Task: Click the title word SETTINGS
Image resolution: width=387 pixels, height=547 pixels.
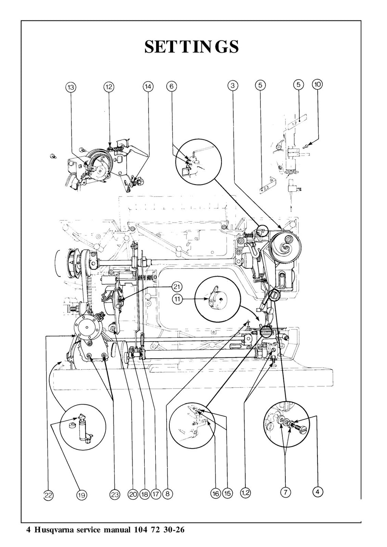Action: pyautogui.click(x=192, y=47)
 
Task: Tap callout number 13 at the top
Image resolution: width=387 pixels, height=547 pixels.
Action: pyautogui.click(x=71, y=87)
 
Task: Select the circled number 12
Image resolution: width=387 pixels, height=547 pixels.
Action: pyautogui.click(x=109, y=87)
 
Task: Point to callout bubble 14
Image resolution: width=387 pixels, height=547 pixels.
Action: pyautogui.click(x=148, y=87)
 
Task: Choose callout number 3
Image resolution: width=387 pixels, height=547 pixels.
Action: pyautogui.click(x=233, y=86)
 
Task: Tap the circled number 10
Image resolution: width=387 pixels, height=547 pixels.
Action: pyautogui.click(x=317, y=85)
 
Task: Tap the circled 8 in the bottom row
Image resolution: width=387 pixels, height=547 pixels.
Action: pyautogui.click(x=168, y=493)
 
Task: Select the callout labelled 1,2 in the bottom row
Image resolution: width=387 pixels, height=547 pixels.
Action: pyautogui.click(x=245, y=493)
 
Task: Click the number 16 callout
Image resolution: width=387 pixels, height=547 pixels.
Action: pyautogui.click(x=215, y=493)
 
